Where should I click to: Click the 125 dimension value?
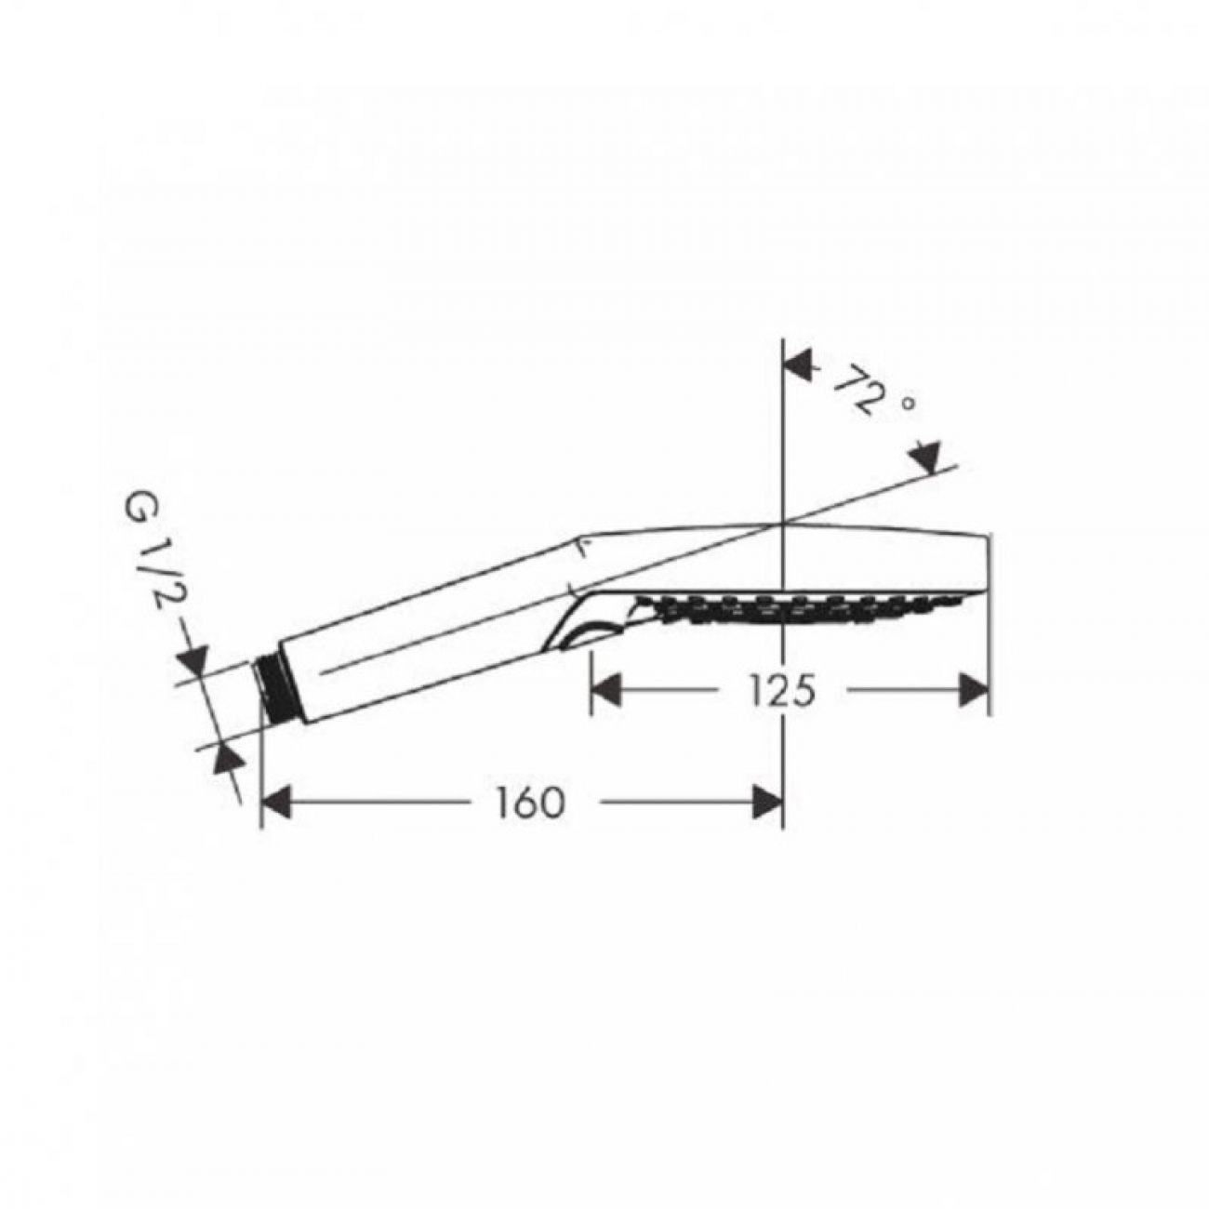point(782,691)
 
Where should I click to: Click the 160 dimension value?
point(530,803)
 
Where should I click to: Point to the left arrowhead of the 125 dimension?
point(607,691)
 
